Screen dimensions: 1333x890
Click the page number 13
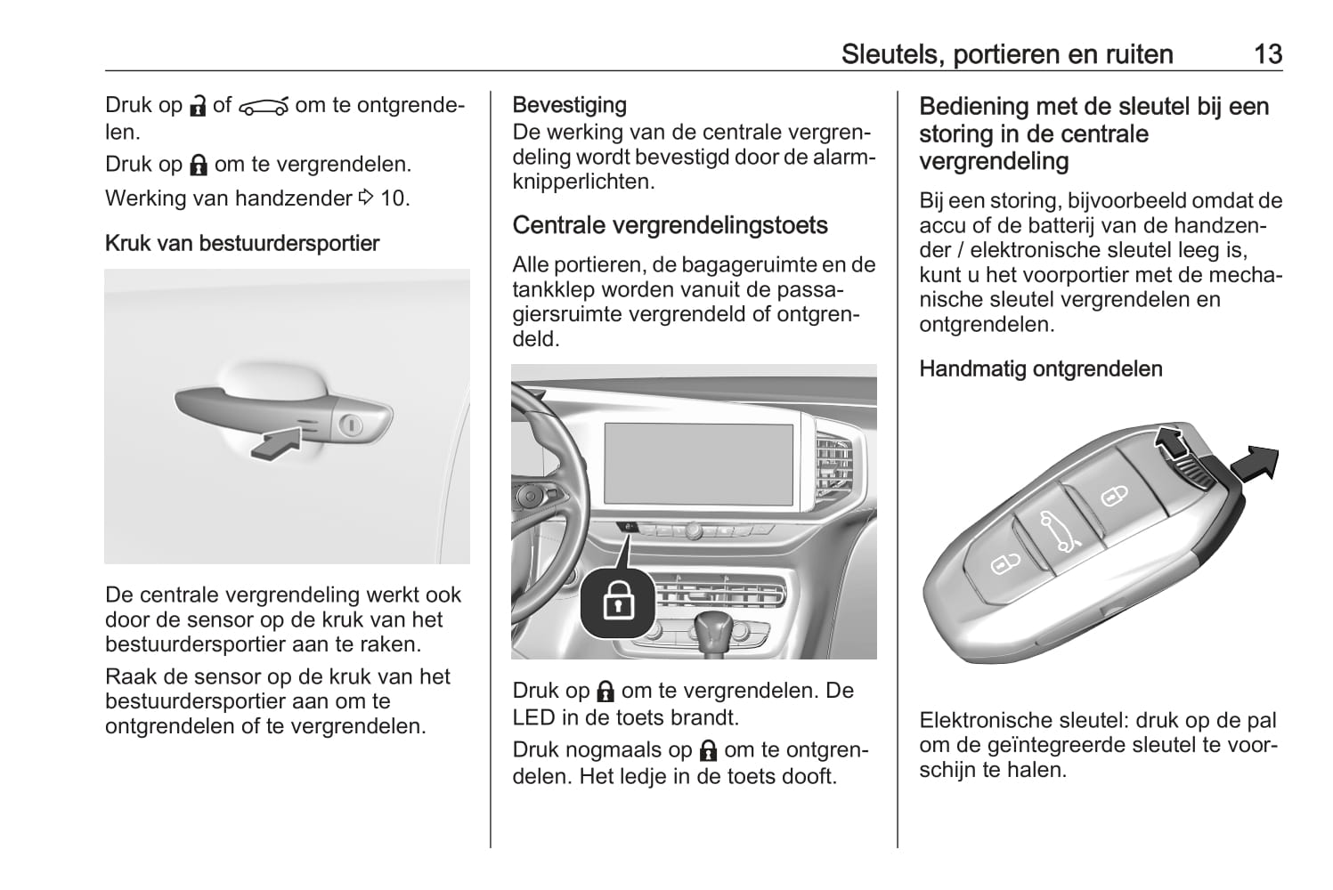(1267, 54)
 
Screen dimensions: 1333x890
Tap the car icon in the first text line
(263, 107)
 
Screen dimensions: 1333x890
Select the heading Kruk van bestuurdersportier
(242, 243)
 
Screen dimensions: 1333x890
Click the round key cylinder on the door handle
(351, 425)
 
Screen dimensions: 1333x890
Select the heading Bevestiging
(570, 105)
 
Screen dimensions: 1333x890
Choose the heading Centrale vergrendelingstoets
(671, 225)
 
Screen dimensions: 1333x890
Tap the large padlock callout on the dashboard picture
(618, 602)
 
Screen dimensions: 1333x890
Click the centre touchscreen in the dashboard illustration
(699, 465)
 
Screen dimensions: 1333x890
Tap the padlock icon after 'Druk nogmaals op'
(708, 751)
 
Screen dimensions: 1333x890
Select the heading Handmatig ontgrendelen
(1041, 368)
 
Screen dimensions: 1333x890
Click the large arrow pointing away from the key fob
(1255, 464)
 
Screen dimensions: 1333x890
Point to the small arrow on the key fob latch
(1171, 442)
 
